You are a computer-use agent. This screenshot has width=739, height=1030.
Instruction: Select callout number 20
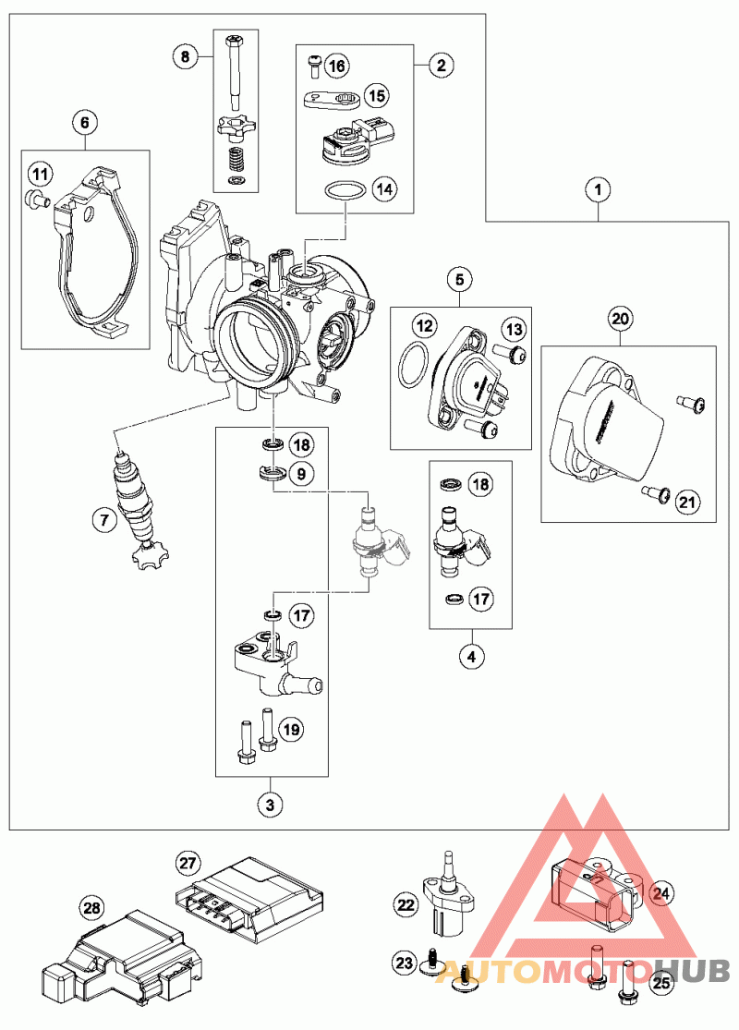(x=620, y=318)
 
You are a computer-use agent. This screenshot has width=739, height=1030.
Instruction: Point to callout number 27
(x=188, y=864)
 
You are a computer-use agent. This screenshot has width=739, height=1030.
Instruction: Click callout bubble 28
(x=91, y=909)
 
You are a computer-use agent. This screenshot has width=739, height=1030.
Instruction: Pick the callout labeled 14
(x=384, y=190)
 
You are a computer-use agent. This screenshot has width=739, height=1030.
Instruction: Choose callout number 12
(x=424, y=325)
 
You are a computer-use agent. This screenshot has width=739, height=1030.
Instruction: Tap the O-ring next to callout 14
(x=345, y=191)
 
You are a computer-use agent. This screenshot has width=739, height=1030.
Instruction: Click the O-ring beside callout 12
(x=413, y=367)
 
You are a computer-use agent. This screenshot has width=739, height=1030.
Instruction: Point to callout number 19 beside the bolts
(x=292, y=731)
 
